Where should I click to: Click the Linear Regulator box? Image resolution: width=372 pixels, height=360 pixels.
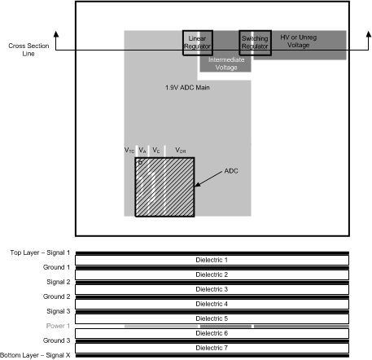coord(197,42)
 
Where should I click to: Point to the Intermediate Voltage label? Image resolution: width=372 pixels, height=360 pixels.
coord(223,64)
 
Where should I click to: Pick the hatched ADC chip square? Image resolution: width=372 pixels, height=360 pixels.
coord(164,187)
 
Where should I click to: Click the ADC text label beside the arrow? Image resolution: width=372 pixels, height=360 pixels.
coord(232,173)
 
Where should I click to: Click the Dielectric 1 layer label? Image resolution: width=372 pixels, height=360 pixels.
coord(212,260)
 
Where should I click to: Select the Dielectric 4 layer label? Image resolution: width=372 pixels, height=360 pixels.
coord(212,304)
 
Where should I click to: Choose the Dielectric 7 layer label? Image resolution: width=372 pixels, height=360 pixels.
coord(212,348)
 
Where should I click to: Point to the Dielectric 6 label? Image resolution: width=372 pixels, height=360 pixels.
coord(212,333)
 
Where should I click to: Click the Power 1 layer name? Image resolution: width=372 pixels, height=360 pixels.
coord(57,326)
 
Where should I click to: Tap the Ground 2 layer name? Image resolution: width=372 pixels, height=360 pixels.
coord(55,296)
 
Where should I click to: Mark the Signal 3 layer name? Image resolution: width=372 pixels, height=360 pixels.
coord(57,311)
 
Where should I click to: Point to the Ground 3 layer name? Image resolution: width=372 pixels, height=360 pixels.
coord(55,340)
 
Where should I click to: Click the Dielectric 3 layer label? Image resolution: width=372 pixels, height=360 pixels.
coord(212,289)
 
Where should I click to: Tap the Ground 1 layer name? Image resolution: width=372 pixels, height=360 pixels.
coord(55,267)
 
